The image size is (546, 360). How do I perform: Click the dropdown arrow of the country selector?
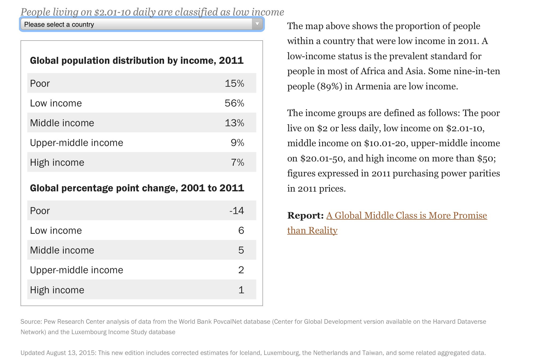(257, 24)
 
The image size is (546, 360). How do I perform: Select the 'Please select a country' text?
(59, 25)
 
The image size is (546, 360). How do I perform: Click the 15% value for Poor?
(234, 84)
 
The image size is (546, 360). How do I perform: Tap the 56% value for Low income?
(234, 103)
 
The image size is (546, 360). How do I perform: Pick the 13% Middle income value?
(234, 123)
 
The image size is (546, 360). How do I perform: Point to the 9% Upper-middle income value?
(238, 143)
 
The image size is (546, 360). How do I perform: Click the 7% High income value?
(238, 163)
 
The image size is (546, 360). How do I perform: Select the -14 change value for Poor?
(237, 211)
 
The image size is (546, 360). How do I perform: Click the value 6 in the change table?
(241, 231)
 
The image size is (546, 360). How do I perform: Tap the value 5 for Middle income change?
(241, 250)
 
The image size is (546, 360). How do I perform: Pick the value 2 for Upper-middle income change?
(241, 270)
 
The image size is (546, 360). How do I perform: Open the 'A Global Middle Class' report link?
(387, 223)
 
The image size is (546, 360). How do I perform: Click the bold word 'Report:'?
(305, 215)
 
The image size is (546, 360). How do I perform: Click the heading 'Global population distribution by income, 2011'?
(137, 61)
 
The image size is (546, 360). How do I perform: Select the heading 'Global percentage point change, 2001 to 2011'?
(137, 188)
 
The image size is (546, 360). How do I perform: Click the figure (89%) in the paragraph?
(329, 86)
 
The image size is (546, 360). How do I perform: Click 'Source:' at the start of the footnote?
(31, 322)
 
